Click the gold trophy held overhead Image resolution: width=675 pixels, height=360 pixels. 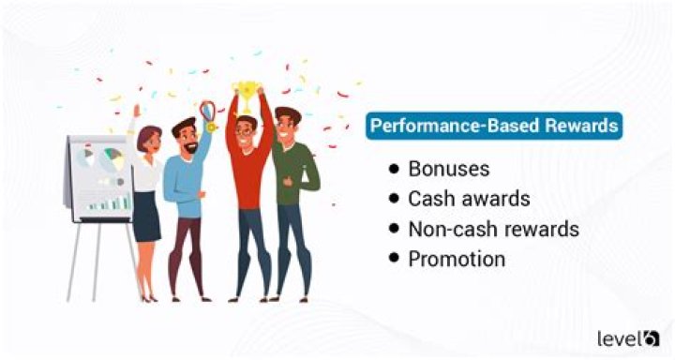tap(245, 90)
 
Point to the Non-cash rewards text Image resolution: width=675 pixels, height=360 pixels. tap(493, 229)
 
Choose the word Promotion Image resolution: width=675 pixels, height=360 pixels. tap(457, 259)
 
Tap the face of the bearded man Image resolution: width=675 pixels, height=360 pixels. tap(185, 134)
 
